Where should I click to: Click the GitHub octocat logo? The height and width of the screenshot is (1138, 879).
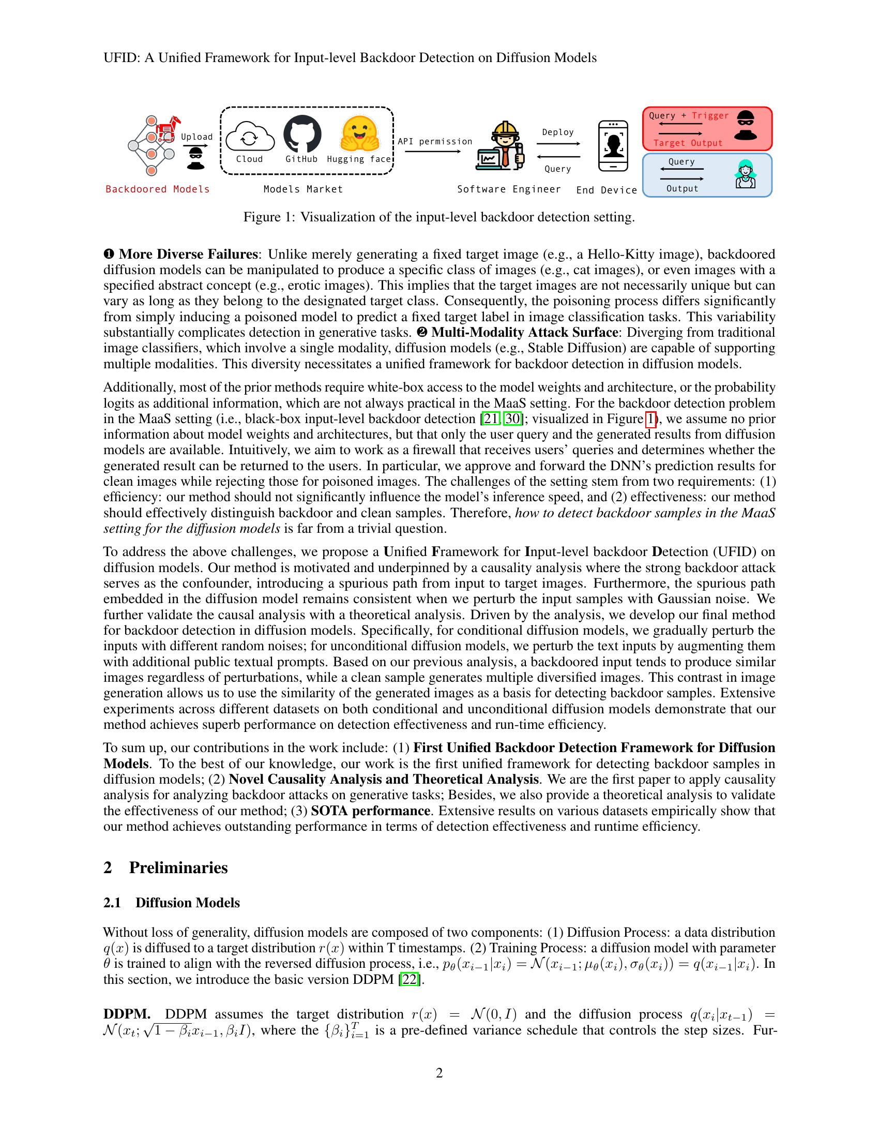click(302, 133)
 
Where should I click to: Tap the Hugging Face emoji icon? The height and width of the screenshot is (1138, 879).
click(359, 133)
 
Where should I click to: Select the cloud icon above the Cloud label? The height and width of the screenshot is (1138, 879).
click(249, 137)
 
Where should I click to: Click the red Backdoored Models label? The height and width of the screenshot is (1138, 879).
click(157, 189)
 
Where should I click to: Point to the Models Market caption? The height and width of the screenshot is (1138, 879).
click(303, 189)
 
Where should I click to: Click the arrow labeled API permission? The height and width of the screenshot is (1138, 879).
click(433, 152)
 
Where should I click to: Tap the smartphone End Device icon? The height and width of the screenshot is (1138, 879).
click(613, 146)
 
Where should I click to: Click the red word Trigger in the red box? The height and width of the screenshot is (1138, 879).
click(710, 116)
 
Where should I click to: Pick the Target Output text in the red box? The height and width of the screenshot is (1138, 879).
click(687, 143)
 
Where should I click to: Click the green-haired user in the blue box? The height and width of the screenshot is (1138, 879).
click(745, 174)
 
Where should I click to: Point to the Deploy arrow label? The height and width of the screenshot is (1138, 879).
click(558, 132)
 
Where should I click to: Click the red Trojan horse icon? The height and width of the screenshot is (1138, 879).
click(168, 128)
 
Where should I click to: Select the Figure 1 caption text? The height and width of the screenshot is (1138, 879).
click(439, 217)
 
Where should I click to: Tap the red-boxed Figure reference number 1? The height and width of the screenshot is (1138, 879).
click(650, 419)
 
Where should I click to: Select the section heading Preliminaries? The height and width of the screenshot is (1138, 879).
click(178, 867)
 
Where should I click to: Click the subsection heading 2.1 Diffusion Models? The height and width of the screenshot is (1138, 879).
click(171, 903)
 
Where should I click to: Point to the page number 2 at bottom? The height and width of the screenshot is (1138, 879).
click(439, 1073)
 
